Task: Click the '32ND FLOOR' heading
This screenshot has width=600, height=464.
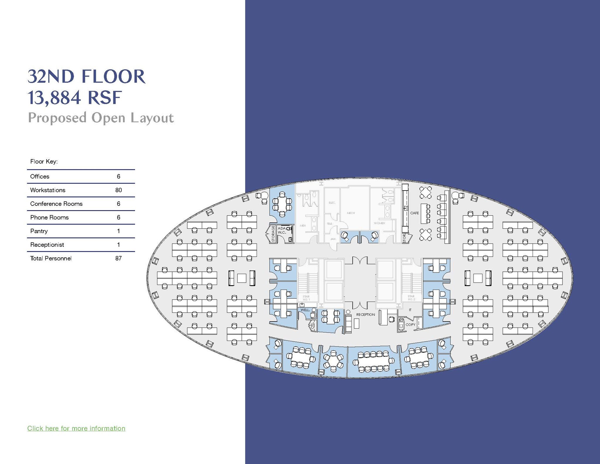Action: tap(86, 77)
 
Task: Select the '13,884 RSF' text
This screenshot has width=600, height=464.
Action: tap(74, 98)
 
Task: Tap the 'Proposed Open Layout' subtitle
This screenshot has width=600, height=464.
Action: tap(101, 118)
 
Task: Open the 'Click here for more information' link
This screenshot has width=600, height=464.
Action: tap(76, 428)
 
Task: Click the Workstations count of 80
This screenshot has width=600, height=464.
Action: tap(118, 190)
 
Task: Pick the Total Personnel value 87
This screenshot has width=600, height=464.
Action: tap(118, 258)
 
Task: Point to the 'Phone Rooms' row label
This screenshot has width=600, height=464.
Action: tap(49, 217)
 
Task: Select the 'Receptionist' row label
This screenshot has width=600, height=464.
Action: tap(47, 244)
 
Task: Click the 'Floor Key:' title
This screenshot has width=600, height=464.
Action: tap(44, 162)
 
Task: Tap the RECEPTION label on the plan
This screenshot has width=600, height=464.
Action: tap(365, 315)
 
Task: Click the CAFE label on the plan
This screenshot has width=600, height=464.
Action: tap(414, 213)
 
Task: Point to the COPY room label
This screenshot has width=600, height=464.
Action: tap(410, 324)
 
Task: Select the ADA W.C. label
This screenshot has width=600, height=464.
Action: tap(282, 230)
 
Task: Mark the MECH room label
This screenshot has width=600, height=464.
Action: tap(351, 213)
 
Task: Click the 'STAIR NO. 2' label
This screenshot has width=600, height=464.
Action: tap(411, 298)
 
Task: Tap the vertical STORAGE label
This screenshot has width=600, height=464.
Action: tap(273, 234)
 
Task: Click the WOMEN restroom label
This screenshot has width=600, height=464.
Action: tap(379, 223)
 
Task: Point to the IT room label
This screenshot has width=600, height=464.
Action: tap(410, 310)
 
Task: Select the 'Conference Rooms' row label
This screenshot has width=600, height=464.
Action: tap(56, 204)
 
